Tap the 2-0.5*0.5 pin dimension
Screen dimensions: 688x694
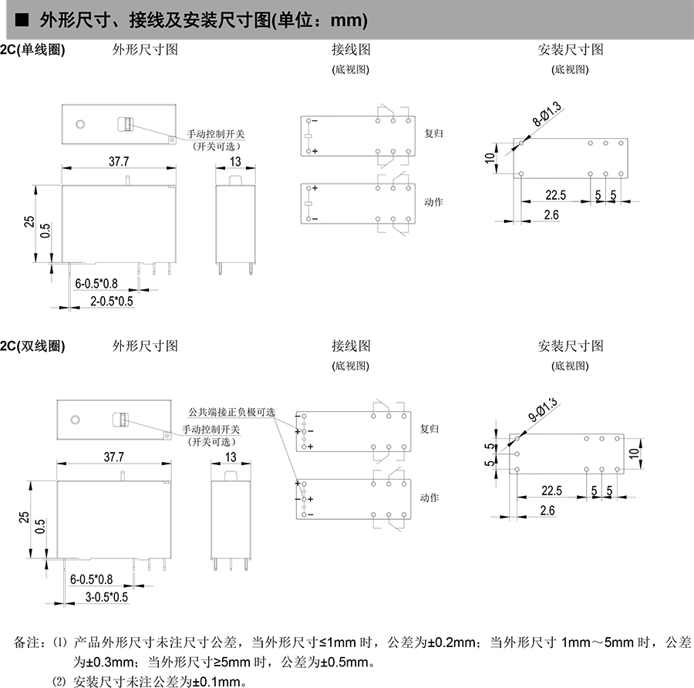(x=112, y=300)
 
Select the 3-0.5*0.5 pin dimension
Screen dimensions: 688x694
(x=106, y=596)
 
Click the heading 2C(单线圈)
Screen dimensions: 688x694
(x=32, y=50)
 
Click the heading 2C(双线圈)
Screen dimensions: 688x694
(x=32, y=346)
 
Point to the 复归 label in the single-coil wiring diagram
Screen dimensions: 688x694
(x=434, y=133)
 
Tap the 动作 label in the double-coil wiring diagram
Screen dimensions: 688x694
(x=434, y=497)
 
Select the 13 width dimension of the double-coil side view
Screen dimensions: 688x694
(x=230, y=457)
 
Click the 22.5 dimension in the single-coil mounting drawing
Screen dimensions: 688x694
(x=555, y=195)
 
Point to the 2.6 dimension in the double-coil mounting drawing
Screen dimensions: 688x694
(x=547, y=511)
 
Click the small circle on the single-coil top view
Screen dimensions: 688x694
(x=79, y=124)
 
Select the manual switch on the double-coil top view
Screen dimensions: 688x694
(x=121, y=420)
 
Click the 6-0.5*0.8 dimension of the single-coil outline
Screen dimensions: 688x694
(x=96, y=283)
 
